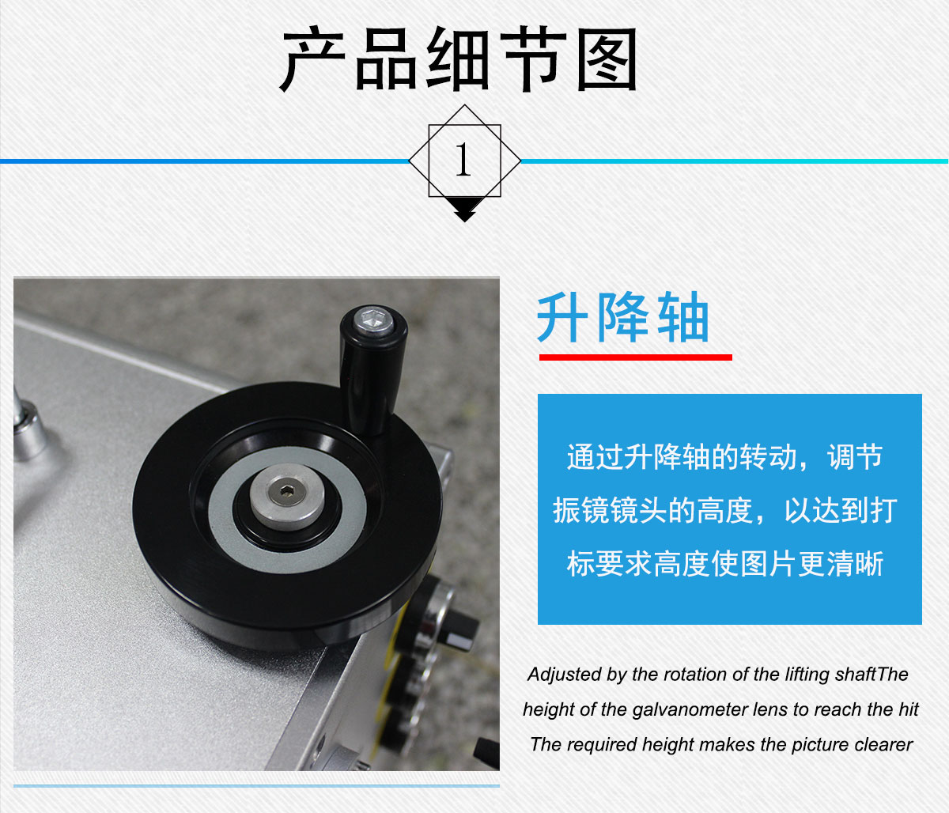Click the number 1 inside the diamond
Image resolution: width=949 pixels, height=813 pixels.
pyautogui.click(x=463, y=159)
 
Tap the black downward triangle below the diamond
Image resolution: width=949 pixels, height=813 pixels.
pyautogui.click(x=464, y=210)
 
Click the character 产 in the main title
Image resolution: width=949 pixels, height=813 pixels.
pyautogui.click(x=313, y=59)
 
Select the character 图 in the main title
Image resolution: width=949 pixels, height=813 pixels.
pyautogui.click(x=607, y=59)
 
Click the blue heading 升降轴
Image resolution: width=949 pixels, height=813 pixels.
pyautogui.click(x=622, y=318)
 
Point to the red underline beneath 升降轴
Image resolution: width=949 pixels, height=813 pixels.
pyautogui.click(x=635, y=357)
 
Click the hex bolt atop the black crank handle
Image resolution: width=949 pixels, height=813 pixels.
pyautogui.click(x=374, y=320)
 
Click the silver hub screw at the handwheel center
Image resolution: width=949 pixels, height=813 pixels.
pyautogui.click(x=287, y=497)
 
